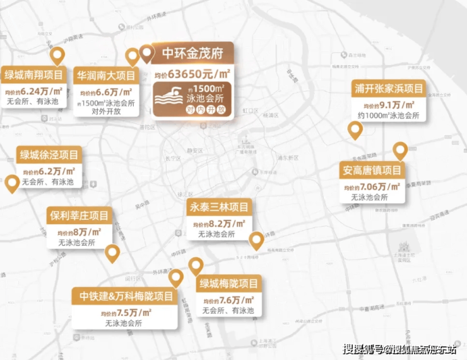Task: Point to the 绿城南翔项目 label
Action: click(x=35, y=75)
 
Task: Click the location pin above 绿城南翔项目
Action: click(x=58, y=56)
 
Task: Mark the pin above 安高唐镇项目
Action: click(x=399, y=151)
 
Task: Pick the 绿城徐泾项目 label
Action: click(x=49, y=155)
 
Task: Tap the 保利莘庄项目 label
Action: click(x=80, y=215)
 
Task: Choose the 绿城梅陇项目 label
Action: click(x=228, y=284)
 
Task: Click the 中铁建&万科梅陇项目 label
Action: click(x=126, y=296)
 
